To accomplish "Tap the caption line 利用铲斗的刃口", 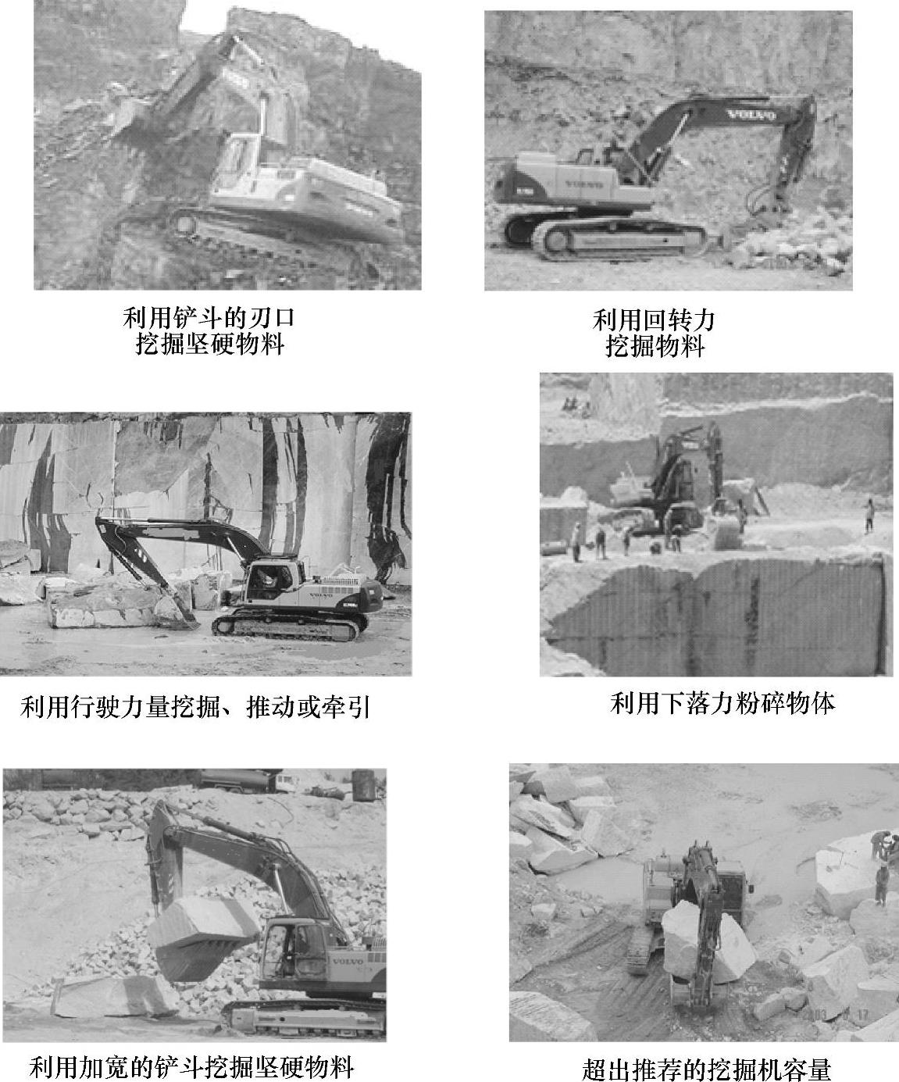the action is (x=209, y=317).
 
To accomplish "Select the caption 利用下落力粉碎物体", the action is (x=722, y=704).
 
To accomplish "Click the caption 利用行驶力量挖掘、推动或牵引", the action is (x=195, y=707).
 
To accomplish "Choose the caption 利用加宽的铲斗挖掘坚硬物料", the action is (x=191, y=1067).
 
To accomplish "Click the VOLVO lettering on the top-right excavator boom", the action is (x=751, y=115).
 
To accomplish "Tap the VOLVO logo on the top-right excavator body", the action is (x=583, y=184).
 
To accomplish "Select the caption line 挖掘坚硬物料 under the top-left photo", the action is (x=210, y=343).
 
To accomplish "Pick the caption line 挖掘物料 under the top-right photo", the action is (x=655, y=345).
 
